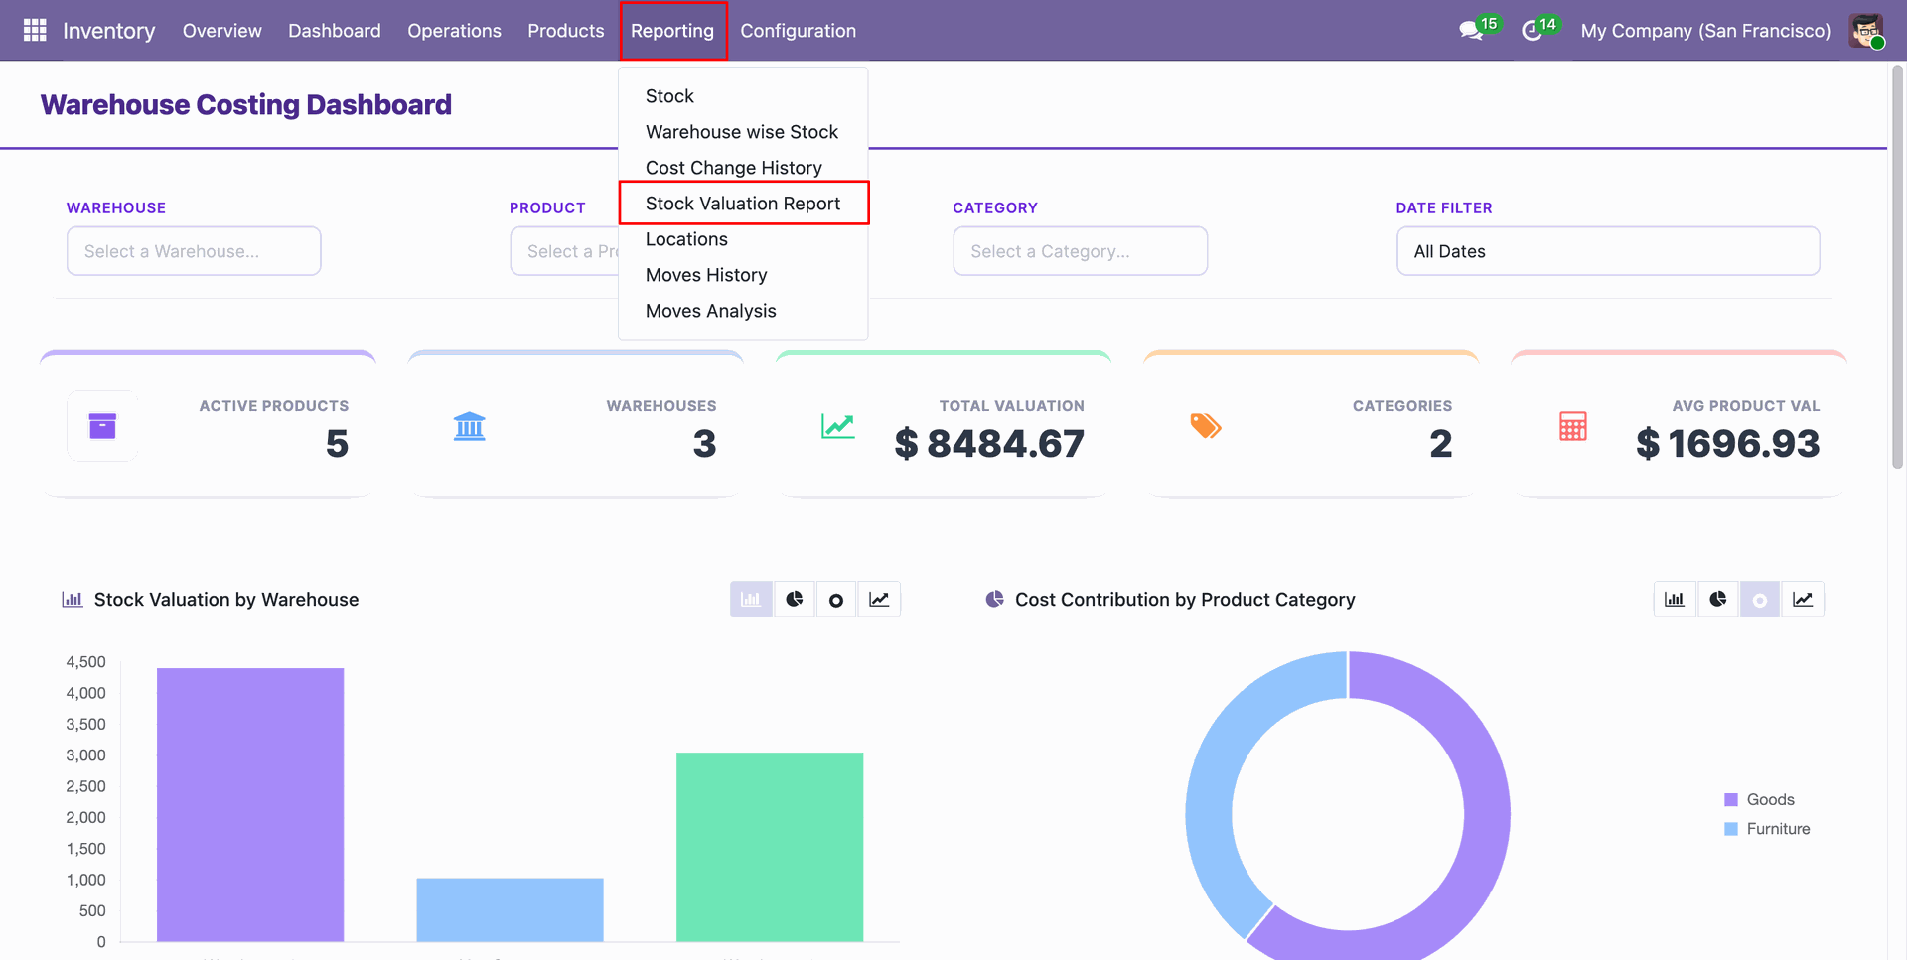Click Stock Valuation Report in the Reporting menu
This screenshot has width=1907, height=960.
[x=743, y=204]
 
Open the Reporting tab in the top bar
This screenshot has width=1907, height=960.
[x=672, y=31]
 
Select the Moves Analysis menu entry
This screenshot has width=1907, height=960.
[x=711, y=311]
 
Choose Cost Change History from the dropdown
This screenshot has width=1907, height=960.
[x=734, y=168]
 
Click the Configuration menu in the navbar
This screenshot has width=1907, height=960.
[x=798, y=31]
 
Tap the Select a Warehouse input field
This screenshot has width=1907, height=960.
[x=194, y=251]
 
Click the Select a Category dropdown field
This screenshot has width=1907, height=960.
[x=1081, y=251]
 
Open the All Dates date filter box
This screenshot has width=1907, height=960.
[x=1608, y=251]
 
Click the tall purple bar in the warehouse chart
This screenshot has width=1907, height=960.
[x=250, y=804]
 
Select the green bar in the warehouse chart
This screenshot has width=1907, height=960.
[x=770, y=847]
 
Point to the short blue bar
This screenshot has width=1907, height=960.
[x=510, y=909]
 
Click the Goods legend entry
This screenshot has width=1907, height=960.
[x=1760, y=799]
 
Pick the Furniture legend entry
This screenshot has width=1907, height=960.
[x=1768, y=829]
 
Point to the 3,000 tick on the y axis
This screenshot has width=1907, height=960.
[x=85, y=755]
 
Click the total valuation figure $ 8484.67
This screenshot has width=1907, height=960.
[x=989, y=444]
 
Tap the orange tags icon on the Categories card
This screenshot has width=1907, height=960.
[x=1206, y=426]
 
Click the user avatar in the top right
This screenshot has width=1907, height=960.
[x=1866, y=31]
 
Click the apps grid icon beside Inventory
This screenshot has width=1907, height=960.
[x=35, y=31]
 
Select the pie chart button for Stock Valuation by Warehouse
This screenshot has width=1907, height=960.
[x=795, y=599]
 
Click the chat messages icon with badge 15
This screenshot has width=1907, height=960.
[x=1472, y=31]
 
